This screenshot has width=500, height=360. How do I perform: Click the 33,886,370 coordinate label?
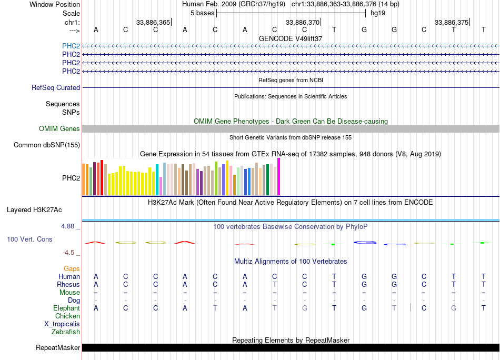point(302,22)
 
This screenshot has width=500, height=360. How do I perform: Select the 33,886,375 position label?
point(451,22)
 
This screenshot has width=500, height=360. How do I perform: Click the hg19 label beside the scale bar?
point(378,13)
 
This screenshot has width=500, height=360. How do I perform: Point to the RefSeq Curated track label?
point(56,88)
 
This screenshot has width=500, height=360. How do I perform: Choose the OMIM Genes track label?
point(59,129)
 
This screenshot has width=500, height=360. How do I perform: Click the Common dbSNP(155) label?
point(47,145)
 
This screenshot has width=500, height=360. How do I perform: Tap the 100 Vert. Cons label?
point(29,239)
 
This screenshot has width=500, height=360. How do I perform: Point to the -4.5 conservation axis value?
point(68,253)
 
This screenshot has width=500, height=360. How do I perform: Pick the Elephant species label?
point(66,308)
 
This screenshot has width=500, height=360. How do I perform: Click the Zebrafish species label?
point(66,332)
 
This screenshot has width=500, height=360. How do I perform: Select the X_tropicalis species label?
point(62,324)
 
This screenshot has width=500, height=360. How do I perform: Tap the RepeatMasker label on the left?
point(58,348)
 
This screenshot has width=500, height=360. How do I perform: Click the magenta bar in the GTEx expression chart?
point(279,177)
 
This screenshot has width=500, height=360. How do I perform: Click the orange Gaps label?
point(72,269)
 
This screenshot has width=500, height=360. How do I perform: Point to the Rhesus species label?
point(68,285)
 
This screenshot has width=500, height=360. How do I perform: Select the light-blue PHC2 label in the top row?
point(71,46)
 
